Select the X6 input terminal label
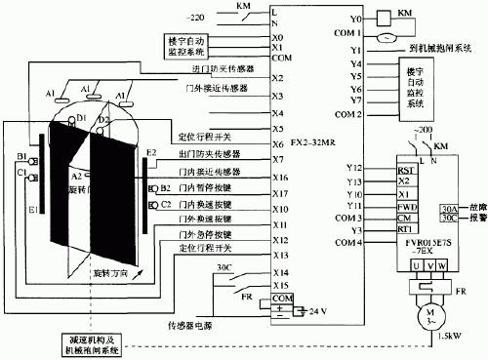tap(278, 144)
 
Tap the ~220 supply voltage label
tap(192, 18)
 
